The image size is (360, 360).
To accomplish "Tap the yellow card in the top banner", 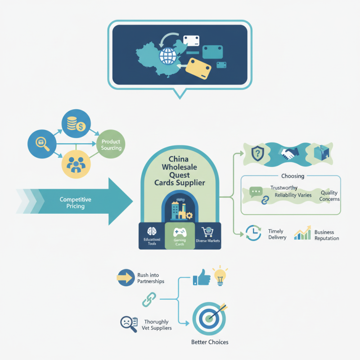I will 198,68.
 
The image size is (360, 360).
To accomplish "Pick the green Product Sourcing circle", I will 111,145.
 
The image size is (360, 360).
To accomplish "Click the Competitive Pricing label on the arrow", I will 75,202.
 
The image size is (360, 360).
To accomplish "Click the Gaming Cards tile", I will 180,236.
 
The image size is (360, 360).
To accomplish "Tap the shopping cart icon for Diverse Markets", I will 207,230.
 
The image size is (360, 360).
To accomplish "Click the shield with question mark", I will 256,154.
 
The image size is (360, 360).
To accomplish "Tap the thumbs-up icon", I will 202,278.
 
